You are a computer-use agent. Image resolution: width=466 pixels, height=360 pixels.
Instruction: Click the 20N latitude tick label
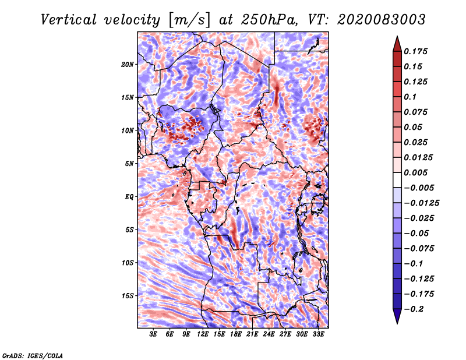[128, 64]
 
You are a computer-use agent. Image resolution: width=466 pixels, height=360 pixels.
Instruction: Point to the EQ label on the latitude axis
[129, 197]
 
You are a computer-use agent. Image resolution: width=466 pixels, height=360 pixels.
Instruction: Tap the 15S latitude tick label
[128, 296]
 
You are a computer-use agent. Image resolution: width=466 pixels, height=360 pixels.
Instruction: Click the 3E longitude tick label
[154, 334]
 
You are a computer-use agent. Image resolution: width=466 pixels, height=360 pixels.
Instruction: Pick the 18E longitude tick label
[236, 334]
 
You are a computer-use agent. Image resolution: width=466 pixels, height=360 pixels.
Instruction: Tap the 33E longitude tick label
[319, 334]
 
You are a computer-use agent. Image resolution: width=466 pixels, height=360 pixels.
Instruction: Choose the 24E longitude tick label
[269, 334]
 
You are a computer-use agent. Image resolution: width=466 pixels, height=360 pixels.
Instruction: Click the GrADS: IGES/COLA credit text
[32, 355]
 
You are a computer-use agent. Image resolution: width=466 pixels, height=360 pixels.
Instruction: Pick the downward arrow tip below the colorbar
[397, 322]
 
